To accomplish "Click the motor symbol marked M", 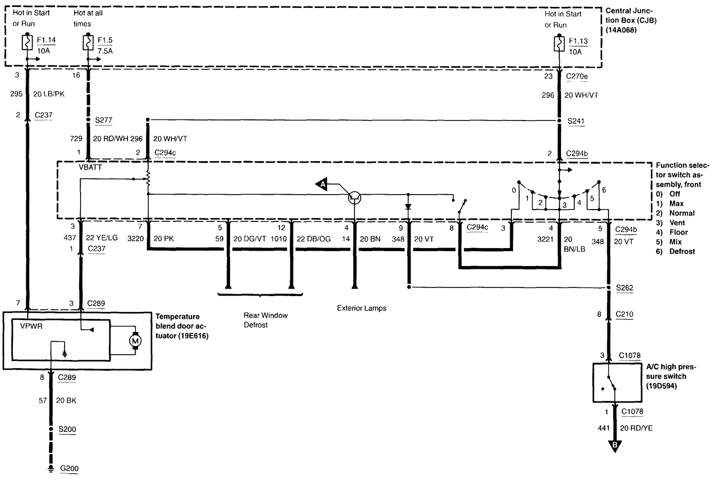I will [x=135, y=340].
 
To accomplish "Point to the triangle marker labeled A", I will [x=321, y=184].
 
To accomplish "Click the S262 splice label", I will [x=624, y=289].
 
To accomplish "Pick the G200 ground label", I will [x=69, y=469].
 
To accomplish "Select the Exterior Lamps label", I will [x=361, y=308].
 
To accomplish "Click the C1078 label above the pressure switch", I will [x=629, y=355].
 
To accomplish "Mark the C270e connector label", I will [x=576, y=76].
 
